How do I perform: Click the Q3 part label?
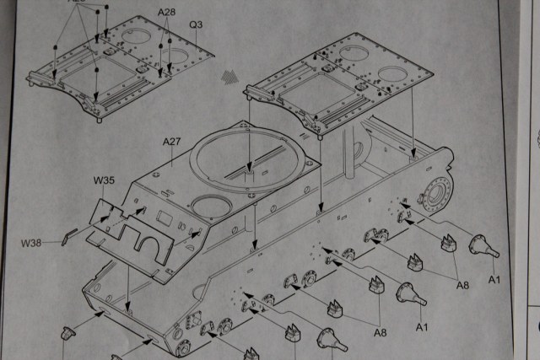(196, 24)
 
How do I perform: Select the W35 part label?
(104, 180)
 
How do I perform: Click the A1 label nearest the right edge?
(495, 280)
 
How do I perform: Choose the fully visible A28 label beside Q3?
(168, 13)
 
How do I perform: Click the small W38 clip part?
(72, 232)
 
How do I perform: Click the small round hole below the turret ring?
(206, 204)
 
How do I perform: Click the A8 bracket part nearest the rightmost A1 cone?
(447, 244)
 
